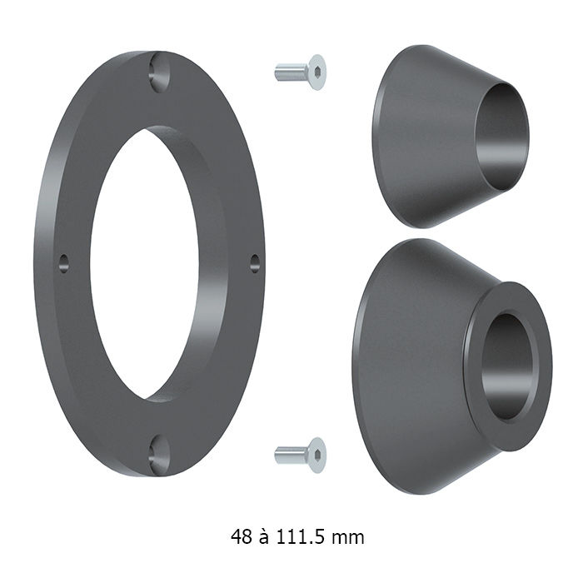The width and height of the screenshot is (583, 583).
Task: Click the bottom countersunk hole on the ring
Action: point(159,455)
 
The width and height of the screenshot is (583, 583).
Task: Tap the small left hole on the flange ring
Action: point(63,264)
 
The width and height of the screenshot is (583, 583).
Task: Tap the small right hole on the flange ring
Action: point(255,264)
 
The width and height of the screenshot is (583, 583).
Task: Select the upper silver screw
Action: point(300,72)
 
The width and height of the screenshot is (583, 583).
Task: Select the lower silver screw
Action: point(300,455)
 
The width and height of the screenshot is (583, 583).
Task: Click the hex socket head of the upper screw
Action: point(317,72)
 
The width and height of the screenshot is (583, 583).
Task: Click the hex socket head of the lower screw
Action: point(317,455)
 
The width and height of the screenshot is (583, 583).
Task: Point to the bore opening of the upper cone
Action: point(501,137)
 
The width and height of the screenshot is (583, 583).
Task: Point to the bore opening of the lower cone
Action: point(507,366)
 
